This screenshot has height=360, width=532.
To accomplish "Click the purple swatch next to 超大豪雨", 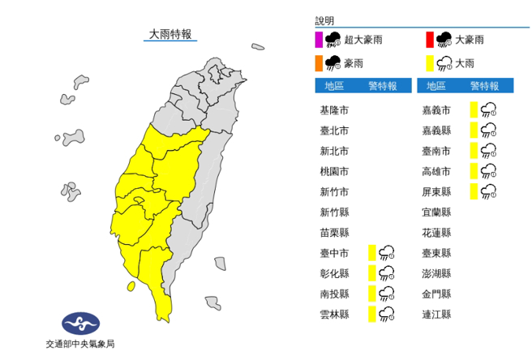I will pyautogui.click(x=319, y=38).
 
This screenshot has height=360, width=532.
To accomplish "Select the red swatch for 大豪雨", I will pyautogui.click(x=430, y=38).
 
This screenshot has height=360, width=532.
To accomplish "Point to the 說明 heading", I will pyautogui.click(x=324, y=20).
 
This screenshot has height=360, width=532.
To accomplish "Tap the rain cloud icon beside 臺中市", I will pyautogui.click(x=387, y=252).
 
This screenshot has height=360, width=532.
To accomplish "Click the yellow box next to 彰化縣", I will pyautogui.click(x=371, y=272).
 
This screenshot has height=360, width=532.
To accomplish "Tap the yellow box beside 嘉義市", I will pyautogui.click(x=473, y=109).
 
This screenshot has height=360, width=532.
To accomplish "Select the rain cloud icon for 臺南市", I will pyautogui.click(x=489, y=150).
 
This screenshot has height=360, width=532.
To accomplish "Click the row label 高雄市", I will pyautogui.click(x=438, y=171).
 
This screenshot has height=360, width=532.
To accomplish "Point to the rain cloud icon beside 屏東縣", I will pyautogui.click(x=489, y=191).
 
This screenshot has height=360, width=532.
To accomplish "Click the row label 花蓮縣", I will pyautogui.click(x=438, y=232).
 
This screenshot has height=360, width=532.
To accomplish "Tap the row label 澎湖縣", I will pyautogui.click(x=438, y=273).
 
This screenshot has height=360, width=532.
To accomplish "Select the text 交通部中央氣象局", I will pyautogui.click(x=80, y=345).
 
